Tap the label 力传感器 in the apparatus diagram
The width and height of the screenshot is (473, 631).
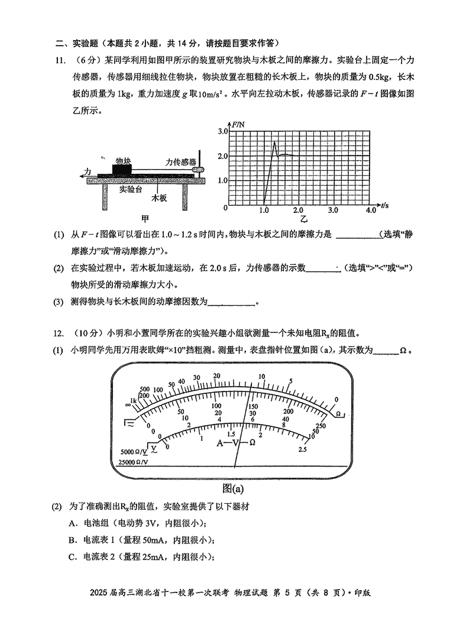180,161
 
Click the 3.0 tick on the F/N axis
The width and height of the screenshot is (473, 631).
222,131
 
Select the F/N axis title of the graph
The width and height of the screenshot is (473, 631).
238,125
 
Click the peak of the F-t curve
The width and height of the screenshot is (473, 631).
274,142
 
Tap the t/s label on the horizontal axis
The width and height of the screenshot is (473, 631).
385,205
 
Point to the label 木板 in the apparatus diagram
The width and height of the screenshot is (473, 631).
159,199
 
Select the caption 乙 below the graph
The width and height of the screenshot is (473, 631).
304,219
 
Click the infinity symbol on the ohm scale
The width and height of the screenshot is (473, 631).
128,405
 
